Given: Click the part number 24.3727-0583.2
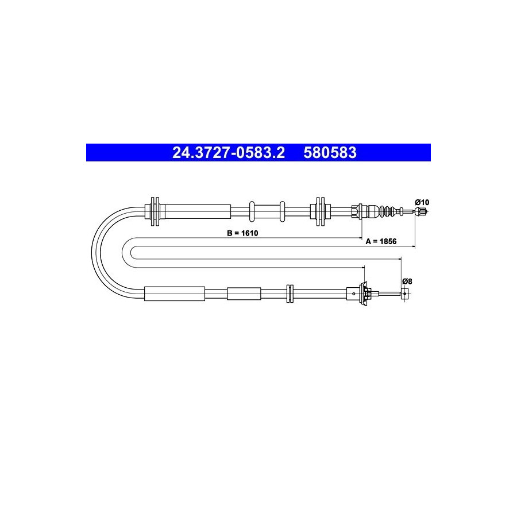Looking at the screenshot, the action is click(x=229, y=153).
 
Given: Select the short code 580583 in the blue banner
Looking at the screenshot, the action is click(x=330, y=153).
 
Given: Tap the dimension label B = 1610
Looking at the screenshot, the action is click(x=242, y=233).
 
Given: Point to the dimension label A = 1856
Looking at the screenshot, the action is click(x=381, y=241).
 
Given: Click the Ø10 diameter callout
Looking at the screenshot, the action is click(x=422, y=202).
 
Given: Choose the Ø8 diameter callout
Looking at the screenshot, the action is click(x=407, y=281).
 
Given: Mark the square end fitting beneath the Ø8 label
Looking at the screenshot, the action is click(x=405, y=294).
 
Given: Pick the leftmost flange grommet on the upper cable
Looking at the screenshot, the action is click(x=155, y=211).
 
